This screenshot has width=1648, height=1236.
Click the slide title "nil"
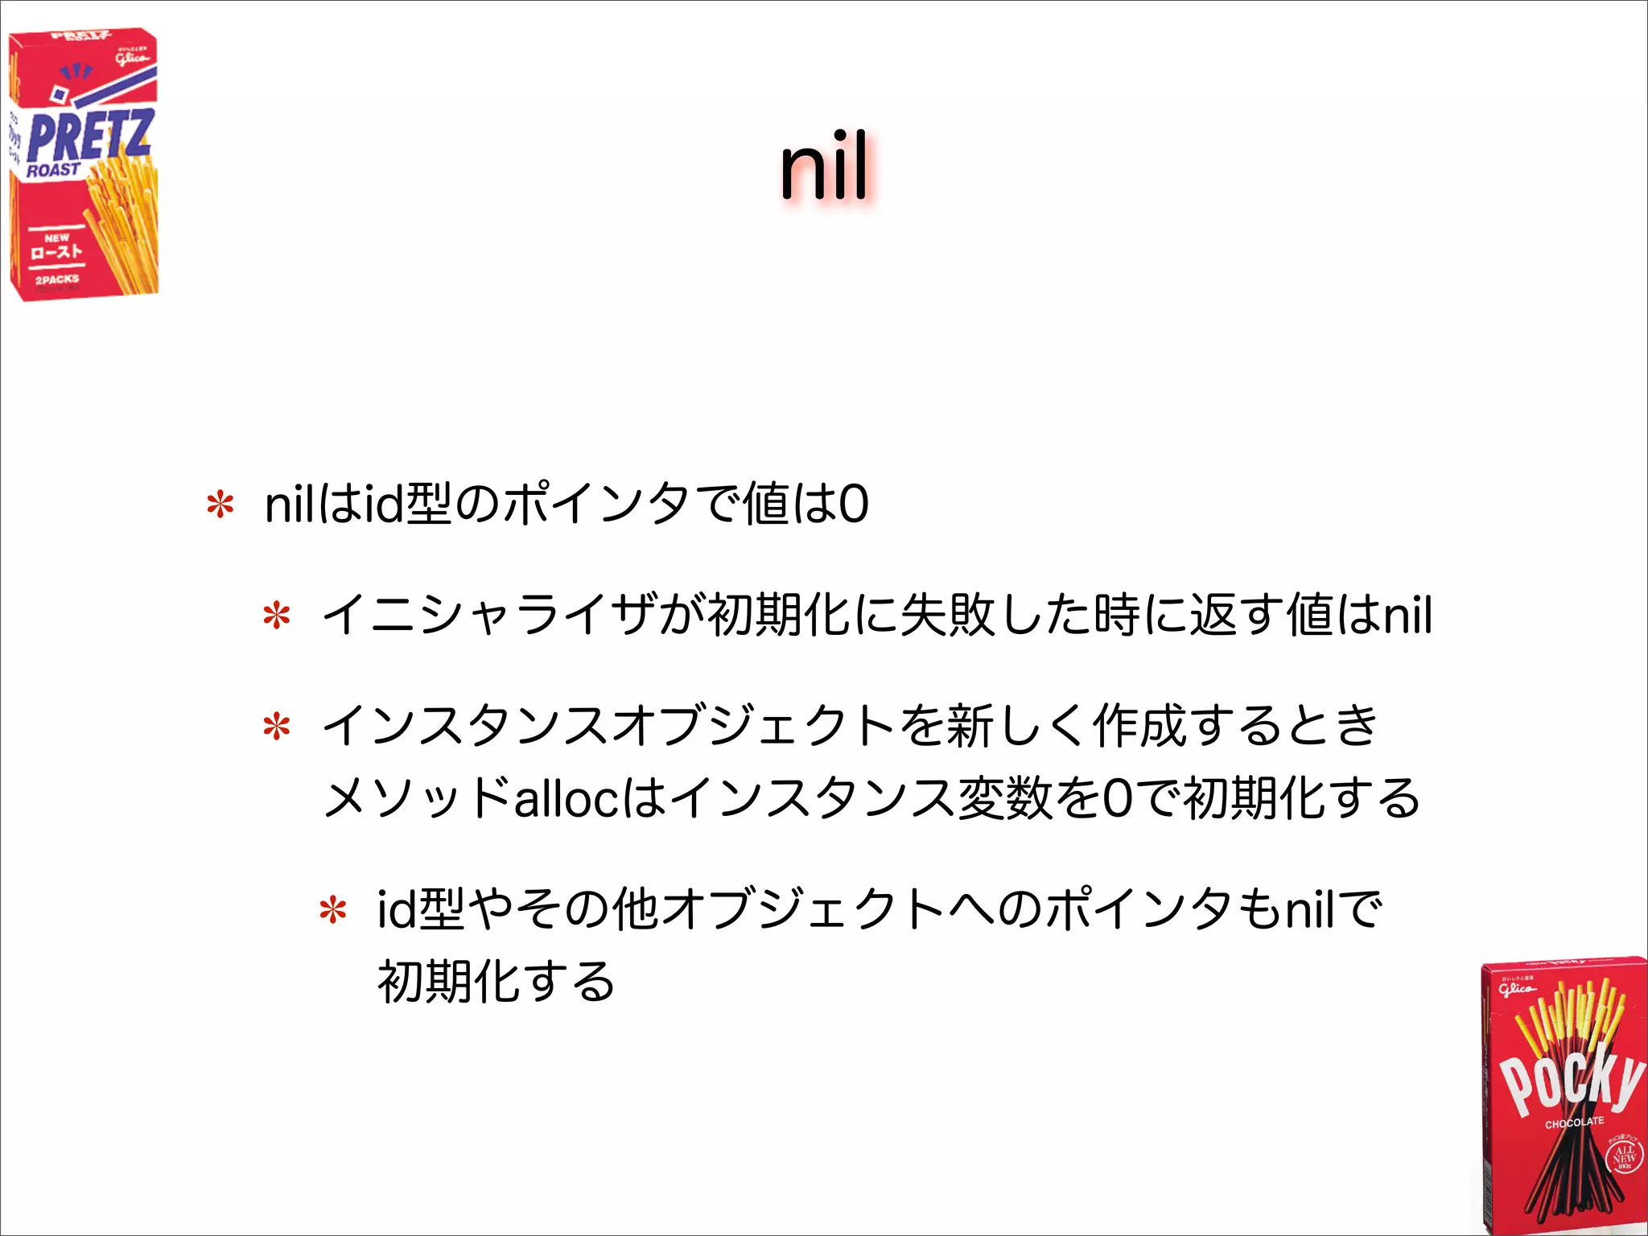(824, 167)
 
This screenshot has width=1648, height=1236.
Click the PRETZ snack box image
(84, 165)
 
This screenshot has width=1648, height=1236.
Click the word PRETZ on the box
(89, 135)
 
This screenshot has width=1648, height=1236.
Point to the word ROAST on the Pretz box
(53, 170)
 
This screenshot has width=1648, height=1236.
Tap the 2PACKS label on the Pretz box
(57, 279)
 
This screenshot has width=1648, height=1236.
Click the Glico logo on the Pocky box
(1517, 987)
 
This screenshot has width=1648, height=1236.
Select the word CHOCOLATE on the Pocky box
(1574, 1122)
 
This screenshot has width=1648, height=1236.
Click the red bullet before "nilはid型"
(220, 505)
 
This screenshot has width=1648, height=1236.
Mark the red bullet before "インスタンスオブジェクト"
(276, 727)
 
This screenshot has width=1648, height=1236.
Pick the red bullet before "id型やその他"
(332, 911)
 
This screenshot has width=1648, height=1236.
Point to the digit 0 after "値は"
(853, 505)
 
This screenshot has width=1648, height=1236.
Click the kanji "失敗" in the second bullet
(947, 616)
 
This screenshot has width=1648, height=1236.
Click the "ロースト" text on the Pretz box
(56, 252)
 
